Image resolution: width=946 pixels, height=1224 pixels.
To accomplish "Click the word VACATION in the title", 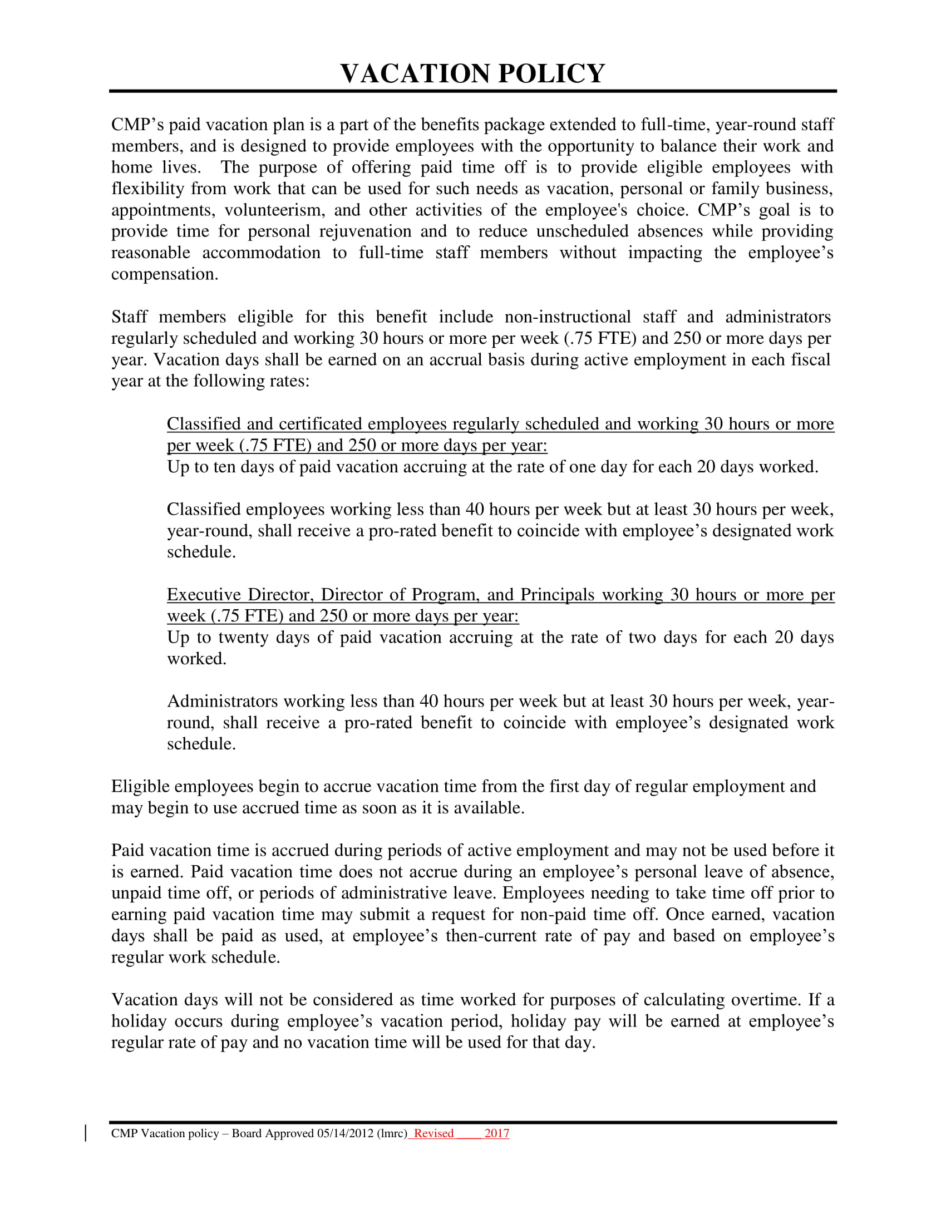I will pos(415,73).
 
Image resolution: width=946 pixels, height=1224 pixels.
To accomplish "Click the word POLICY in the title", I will pos(551,73).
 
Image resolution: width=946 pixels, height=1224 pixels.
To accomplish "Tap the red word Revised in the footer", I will pos(433,1133).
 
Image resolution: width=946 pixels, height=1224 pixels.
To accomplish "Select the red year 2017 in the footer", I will pos(496,1133).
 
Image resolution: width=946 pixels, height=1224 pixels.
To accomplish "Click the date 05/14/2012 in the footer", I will pos(345,1133).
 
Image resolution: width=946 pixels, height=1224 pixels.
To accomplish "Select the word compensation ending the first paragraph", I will pos(164,274).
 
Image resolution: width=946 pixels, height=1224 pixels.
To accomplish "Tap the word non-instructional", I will pos(567,317).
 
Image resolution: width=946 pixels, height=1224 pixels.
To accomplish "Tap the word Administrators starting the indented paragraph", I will pos(223,702).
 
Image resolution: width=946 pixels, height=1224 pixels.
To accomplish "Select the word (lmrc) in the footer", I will pos(392,1133).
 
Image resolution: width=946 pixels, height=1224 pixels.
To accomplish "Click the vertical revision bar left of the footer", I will pos(85,1133).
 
